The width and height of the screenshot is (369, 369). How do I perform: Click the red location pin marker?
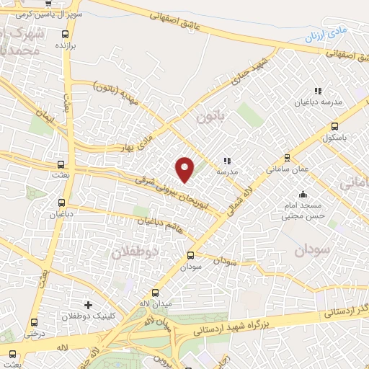tap(185, 169)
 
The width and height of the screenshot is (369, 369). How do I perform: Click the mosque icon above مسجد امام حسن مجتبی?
tap(303, 195)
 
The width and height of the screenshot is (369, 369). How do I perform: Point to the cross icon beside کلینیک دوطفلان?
tap(88, 306)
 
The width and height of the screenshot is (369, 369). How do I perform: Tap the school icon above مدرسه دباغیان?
tap(316, 91)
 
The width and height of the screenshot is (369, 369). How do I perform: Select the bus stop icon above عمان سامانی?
tap(287, 157)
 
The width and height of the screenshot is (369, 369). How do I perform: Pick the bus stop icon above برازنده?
tap(66, 33)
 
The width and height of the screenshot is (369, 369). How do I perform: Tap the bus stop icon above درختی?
tap(34, 321)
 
